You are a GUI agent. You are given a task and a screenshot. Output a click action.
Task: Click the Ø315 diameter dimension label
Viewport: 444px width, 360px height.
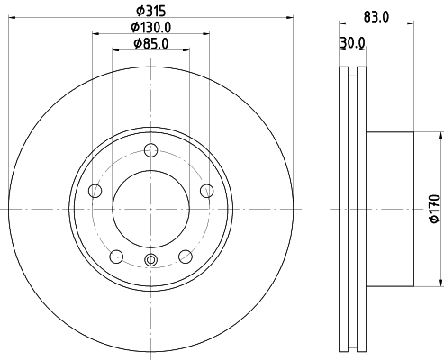151,11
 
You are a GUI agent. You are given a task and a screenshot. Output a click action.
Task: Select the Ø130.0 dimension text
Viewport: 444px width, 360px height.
151,28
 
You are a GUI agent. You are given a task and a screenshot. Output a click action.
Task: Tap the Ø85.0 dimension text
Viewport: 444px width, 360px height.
151,44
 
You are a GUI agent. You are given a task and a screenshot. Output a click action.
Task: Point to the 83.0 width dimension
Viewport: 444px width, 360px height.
376,16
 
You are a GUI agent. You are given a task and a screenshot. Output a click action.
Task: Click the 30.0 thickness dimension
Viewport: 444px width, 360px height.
352,43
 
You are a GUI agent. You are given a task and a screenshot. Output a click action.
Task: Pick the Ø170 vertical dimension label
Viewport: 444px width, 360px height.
435,209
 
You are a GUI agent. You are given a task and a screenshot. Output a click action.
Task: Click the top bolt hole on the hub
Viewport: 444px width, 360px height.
150,150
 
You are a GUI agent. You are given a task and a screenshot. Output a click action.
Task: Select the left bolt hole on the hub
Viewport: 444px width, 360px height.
95,191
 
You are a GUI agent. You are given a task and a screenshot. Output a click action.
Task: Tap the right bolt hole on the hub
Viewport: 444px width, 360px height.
206,191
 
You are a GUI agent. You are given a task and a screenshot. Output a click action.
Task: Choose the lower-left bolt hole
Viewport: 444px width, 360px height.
116,256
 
